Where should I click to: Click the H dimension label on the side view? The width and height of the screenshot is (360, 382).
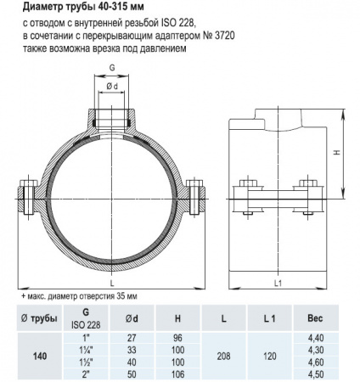pos(337,153)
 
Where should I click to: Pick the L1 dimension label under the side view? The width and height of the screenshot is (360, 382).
pos(280,281)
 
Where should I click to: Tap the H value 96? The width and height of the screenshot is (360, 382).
pos(176,337)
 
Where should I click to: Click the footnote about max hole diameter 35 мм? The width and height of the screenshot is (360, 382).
pos(78,295)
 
